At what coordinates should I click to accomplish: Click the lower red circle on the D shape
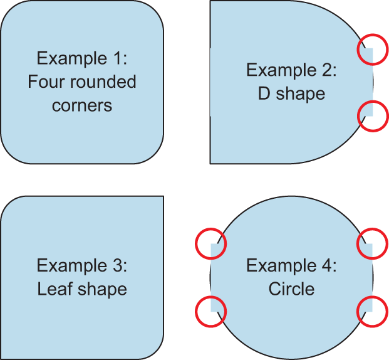click(x=373, y=115)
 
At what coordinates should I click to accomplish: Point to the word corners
click(x=82, y=105)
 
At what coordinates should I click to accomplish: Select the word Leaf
click(x=55, y=289)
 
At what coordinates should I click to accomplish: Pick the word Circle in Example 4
click(x=291, y=289)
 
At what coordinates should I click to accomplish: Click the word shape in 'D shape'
click(x=300, y=93)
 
